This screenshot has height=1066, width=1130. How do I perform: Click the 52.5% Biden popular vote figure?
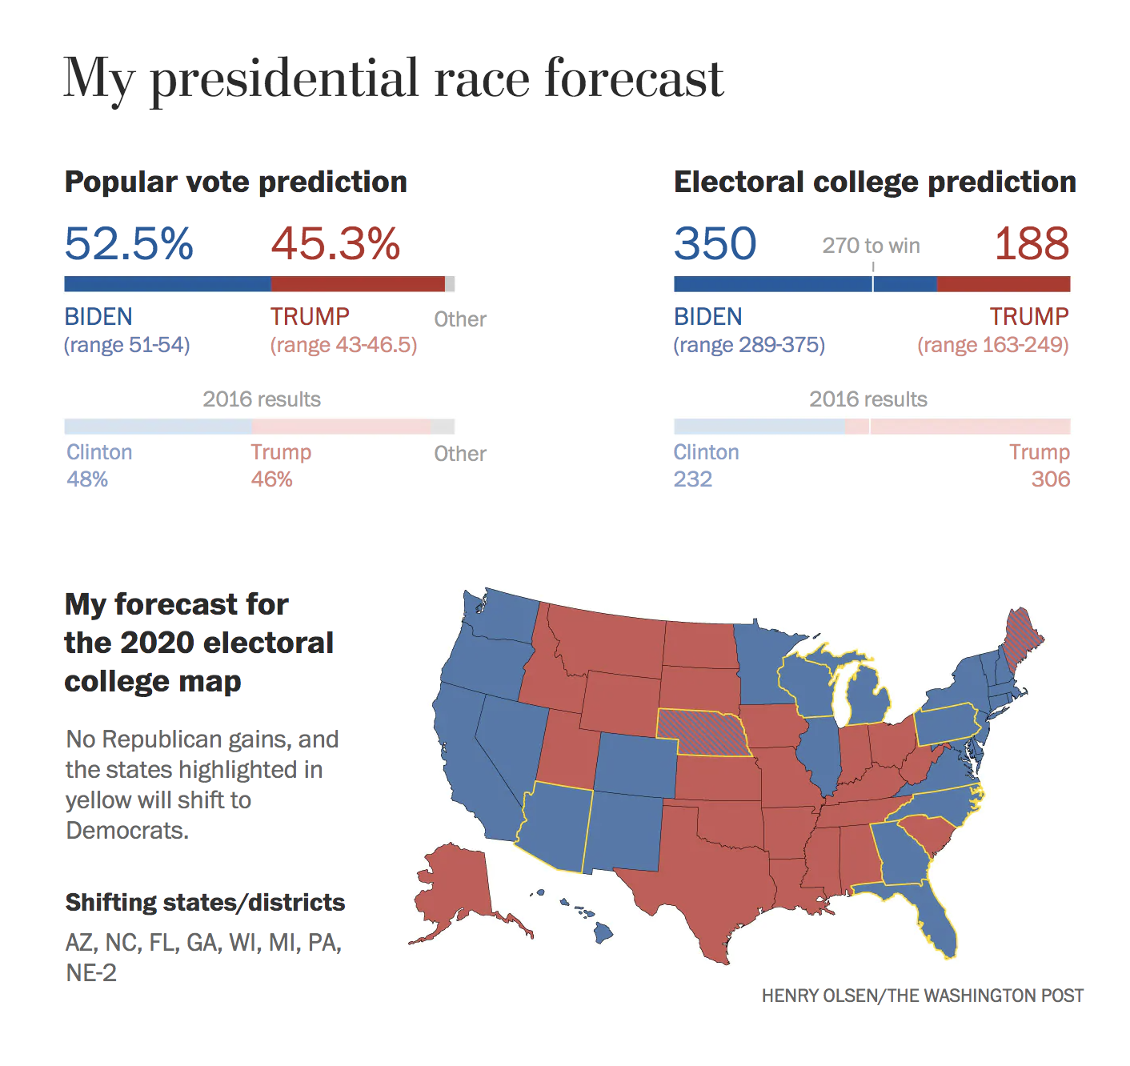129,243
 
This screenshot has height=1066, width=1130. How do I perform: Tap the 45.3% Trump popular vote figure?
335,243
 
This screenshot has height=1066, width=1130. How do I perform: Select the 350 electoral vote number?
715,243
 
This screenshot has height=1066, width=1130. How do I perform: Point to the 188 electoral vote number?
1031,243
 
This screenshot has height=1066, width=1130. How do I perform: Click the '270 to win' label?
871,246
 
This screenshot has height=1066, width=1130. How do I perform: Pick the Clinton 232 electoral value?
693,479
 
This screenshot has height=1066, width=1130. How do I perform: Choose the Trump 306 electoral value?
1050,479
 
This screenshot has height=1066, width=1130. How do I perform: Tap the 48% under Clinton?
87,479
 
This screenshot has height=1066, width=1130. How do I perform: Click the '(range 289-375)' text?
749,345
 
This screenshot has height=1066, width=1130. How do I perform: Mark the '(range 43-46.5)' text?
343,345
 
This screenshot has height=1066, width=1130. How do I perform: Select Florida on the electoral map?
936,920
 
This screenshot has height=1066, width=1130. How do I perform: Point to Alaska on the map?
456,888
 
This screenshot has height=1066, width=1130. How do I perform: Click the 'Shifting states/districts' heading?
205,903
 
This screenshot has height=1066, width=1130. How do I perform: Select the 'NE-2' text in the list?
91,973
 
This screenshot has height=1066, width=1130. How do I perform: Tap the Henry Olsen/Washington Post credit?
922,996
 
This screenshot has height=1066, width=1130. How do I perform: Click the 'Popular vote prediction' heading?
236,182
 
